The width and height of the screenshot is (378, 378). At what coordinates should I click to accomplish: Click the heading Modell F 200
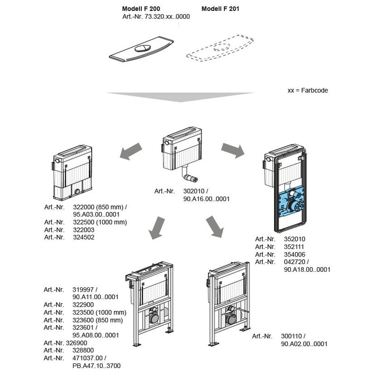click(141, 9)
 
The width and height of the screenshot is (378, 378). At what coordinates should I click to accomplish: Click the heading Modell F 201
click(220, 9)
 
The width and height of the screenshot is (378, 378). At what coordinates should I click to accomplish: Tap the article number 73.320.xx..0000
click(167, 17)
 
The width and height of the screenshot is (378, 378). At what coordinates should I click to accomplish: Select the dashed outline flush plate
click(220, 48)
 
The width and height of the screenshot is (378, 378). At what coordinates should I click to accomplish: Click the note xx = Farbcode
click(308, 90)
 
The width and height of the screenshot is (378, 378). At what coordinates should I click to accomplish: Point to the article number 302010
click(194, 191)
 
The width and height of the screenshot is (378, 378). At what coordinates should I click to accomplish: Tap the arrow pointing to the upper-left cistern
click(131, 151)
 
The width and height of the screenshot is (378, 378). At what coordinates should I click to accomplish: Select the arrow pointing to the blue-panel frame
click(233, 150)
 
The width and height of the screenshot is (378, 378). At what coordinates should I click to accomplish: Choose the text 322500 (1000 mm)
click(100, 222)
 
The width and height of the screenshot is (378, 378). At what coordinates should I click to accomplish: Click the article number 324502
click(84, 237)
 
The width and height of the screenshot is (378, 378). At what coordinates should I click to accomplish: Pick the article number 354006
click(294, 254)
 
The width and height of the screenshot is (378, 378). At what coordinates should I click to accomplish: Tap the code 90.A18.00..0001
click(307, 269)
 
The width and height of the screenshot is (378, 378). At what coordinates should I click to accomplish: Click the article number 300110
click(292, 336)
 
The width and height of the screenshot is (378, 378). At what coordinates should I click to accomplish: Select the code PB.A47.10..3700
click(96, 366)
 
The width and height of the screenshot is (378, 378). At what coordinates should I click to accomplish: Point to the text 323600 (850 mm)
click(98, 320)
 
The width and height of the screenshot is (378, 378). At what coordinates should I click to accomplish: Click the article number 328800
click(83, 350)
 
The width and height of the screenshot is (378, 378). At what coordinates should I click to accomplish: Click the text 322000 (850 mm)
click(98, 207)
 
